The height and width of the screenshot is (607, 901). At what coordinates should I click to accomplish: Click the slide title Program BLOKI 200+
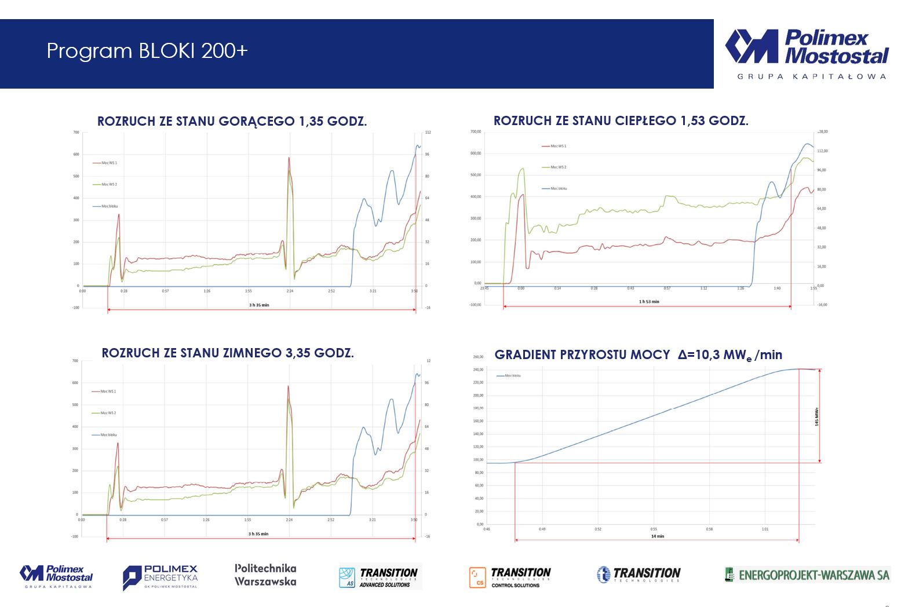pos(147,51)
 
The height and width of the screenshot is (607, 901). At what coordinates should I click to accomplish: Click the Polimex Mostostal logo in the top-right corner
pos(806,47)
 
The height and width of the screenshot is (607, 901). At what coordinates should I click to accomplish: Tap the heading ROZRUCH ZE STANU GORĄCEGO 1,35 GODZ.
pos(232,121)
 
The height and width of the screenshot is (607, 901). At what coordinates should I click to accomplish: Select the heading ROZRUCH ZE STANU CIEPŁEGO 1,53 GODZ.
pos(621,120)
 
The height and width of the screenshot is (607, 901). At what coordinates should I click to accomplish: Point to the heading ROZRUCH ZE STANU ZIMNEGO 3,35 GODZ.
pos(228,353)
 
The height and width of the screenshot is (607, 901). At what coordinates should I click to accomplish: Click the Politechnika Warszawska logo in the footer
pos(265,575)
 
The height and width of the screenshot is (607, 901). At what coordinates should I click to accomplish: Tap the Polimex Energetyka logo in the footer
pos(160,577)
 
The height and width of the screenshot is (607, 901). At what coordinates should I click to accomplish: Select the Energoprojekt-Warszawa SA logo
pos(807,575)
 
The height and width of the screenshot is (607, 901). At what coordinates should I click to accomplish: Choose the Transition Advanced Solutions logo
pos(380,577)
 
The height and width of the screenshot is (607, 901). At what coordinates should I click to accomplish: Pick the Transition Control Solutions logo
pos(510,577)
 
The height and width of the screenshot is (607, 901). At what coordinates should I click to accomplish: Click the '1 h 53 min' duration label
pos(648,301)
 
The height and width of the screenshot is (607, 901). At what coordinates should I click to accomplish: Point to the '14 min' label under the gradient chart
pos(657,536)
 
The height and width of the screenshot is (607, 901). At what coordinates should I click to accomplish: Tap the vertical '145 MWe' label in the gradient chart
pos(816,416)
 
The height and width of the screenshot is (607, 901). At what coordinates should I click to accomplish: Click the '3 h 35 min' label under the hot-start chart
pos(259,305)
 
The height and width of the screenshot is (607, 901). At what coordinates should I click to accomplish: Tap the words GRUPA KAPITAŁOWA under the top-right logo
pos(811,76)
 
